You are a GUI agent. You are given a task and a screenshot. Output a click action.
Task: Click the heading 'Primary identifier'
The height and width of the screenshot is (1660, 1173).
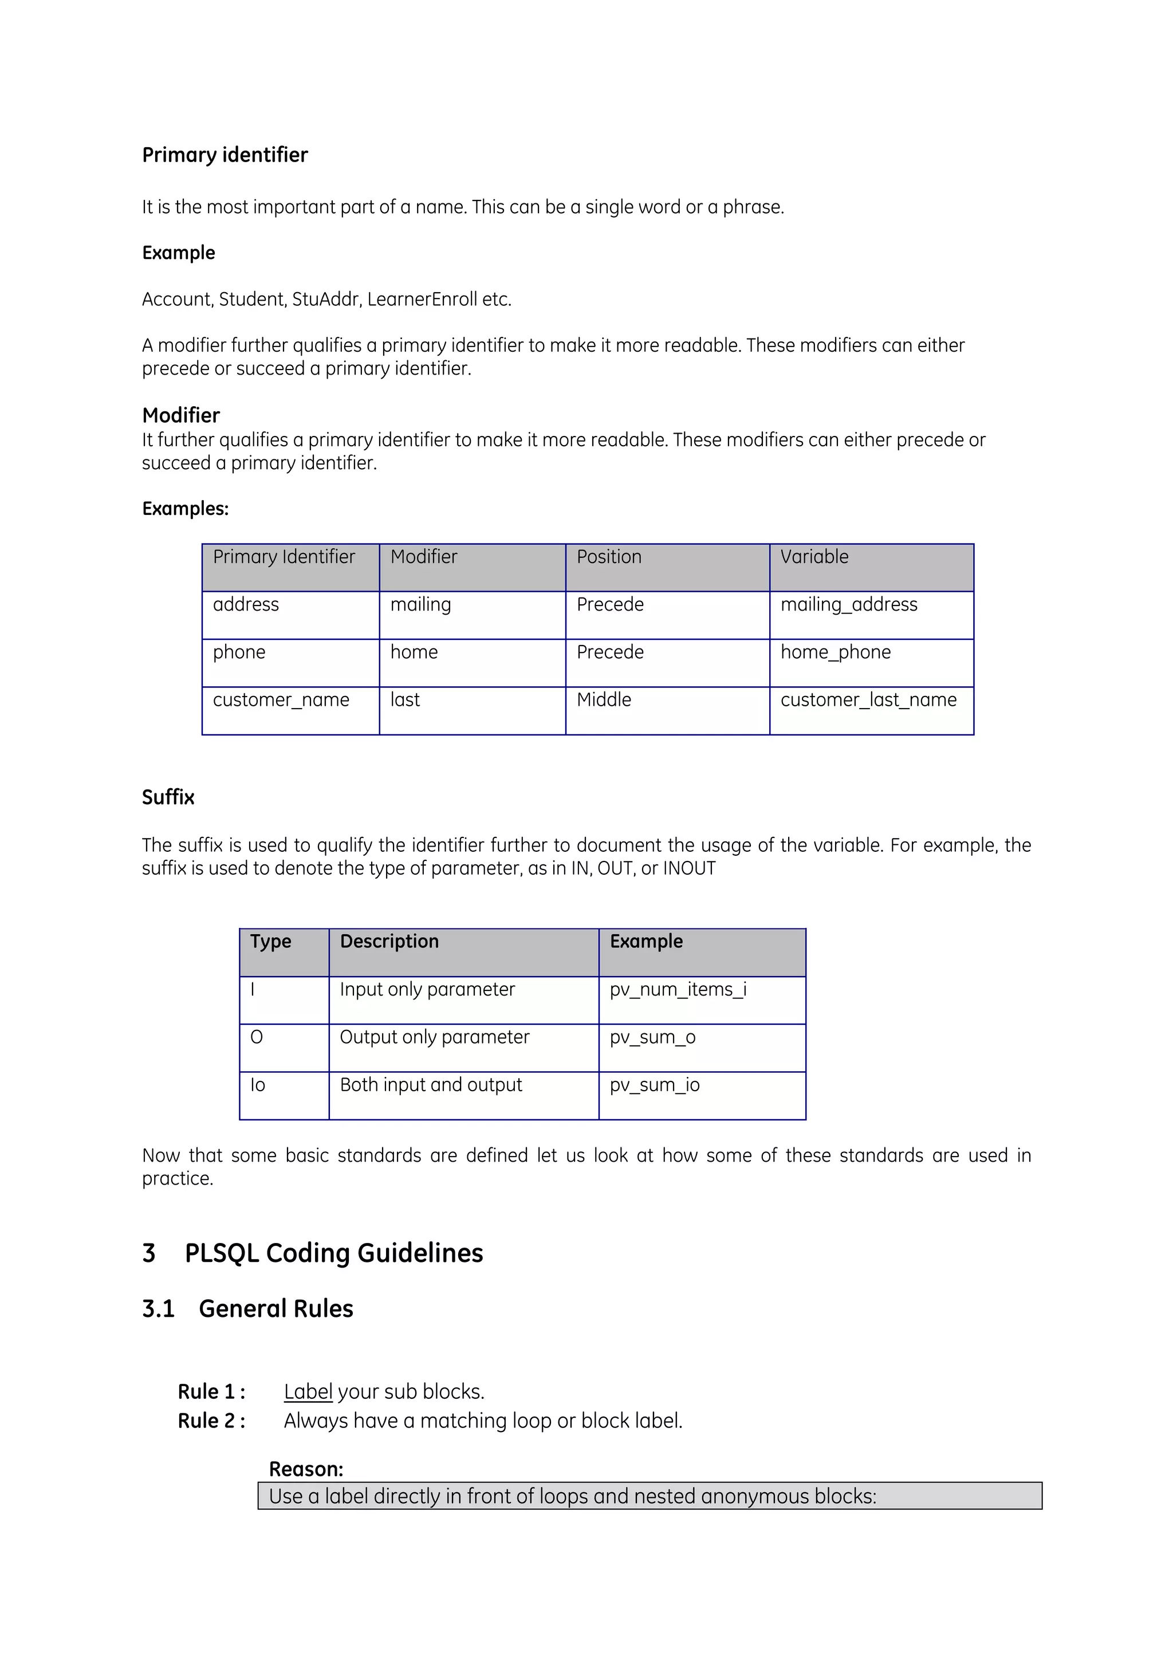[x=225, y=155]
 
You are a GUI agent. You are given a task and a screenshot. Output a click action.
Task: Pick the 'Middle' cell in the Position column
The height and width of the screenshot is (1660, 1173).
[x=604, y=700]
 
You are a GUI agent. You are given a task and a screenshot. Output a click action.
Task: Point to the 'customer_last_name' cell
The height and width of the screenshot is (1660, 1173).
[x=868, y=700]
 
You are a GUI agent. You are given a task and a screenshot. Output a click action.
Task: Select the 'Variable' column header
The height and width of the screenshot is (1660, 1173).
[x=814, y=557]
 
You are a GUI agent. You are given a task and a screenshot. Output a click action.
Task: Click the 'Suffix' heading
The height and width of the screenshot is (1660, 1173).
[x=168, y=797]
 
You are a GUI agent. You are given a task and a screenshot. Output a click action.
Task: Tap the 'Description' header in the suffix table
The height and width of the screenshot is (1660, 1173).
[x=389, y=941]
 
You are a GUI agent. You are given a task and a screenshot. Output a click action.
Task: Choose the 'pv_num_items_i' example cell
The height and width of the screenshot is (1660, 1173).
[x=678, y=989]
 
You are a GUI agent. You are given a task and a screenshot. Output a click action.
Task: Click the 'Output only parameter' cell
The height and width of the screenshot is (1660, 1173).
[x=434, y=1037]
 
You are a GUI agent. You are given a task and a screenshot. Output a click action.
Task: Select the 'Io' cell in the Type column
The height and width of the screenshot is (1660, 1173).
[x=258, y=1084]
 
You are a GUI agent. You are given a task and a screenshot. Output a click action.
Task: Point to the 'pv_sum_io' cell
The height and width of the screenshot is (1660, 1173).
[x=654, y=1084]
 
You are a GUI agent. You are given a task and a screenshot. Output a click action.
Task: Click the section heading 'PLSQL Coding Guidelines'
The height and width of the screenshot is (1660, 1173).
[x=333, y=1253]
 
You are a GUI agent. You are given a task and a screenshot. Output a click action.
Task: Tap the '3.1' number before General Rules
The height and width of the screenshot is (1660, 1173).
[x=158, y=1309]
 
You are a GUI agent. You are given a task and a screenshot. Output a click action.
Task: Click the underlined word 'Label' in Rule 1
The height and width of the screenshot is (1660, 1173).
[x=308, y=1392]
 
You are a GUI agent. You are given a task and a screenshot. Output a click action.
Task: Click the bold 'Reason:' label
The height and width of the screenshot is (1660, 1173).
[x=306, y=1469]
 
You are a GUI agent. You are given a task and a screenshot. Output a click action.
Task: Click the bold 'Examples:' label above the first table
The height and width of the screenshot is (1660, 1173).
[x=185, y=509]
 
